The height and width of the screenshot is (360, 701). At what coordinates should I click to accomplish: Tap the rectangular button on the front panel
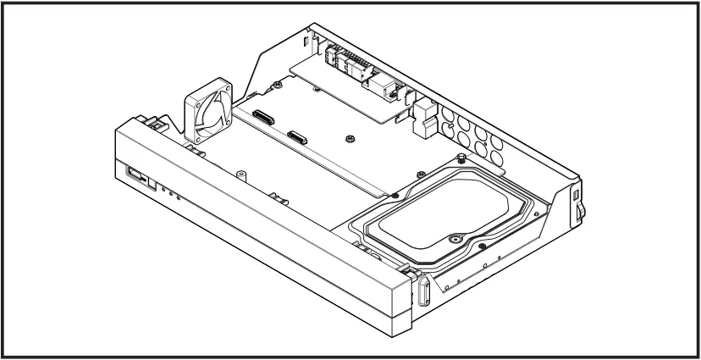[135, 176]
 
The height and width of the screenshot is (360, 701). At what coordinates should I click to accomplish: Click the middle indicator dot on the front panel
[169, 193]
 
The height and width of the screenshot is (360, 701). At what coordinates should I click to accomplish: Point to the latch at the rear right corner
[577, 204]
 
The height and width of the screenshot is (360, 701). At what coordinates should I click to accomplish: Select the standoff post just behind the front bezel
[278, 199]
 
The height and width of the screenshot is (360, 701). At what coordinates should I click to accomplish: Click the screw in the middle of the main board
[350, 136]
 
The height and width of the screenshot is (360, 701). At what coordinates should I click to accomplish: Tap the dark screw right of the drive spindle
[482, 246]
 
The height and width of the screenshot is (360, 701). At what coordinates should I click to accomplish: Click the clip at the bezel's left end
[156, 123]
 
